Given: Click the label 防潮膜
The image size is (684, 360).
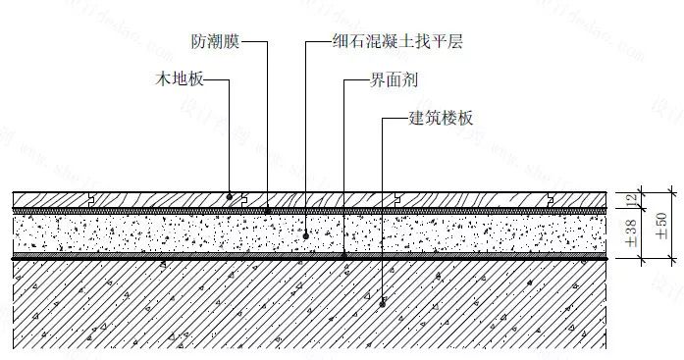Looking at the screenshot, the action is click(x=215, y=42).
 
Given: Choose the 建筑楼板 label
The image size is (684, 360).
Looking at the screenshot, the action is click(x=441, y=120).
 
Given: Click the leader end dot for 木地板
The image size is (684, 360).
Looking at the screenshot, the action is click(x=230, y=196).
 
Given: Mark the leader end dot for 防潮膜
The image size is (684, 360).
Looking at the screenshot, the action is click(x=267, y=209).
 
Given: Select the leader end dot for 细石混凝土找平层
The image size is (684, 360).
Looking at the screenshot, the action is click(x=306, y=234).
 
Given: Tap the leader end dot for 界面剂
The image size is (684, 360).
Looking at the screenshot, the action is click(x=344, y=256).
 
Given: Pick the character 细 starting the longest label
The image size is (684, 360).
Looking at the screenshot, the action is click(x=340, y=42).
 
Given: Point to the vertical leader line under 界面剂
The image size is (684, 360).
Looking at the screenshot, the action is click(x=344, y=167).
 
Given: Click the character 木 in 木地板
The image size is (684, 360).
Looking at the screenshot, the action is click(x=164, y=77).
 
